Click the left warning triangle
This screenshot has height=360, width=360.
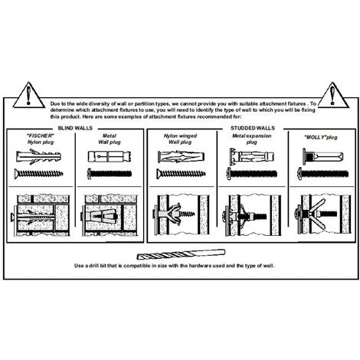[x=28, y=95]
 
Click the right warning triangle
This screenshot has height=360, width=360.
[x=333, y=95]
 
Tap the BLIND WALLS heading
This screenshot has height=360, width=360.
[x=75, y=128]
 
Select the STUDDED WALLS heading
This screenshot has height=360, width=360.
[x=253, y=128]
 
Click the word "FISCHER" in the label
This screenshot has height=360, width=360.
[x=41, y=136]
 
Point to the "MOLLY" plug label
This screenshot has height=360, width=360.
[x=321, y=137]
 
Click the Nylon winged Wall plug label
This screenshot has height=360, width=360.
[x=180, y=139]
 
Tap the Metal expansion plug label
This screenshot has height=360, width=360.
[x=251, y=139]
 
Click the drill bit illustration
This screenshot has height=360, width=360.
[x=181, y=254]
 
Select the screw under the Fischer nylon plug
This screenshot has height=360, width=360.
[x=38, y=174]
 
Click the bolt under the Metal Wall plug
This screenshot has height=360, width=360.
[x=110, y=174]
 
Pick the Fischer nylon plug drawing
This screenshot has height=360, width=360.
[x=38, y=156]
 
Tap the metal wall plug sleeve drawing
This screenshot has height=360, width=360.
[x=110, y=156]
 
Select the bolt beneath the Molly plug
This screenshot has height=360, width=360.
[x=323, y=174]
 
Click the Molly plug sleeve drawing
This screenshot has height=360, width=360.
[x=323, y=156]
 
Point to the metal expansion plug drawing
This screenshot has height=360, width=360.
[x=252, y=156]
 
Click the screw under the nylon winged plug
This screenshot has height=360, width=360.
[x=182, y=174]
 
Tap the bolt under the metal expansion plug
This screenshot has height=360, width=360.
[x=252, y=174]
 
